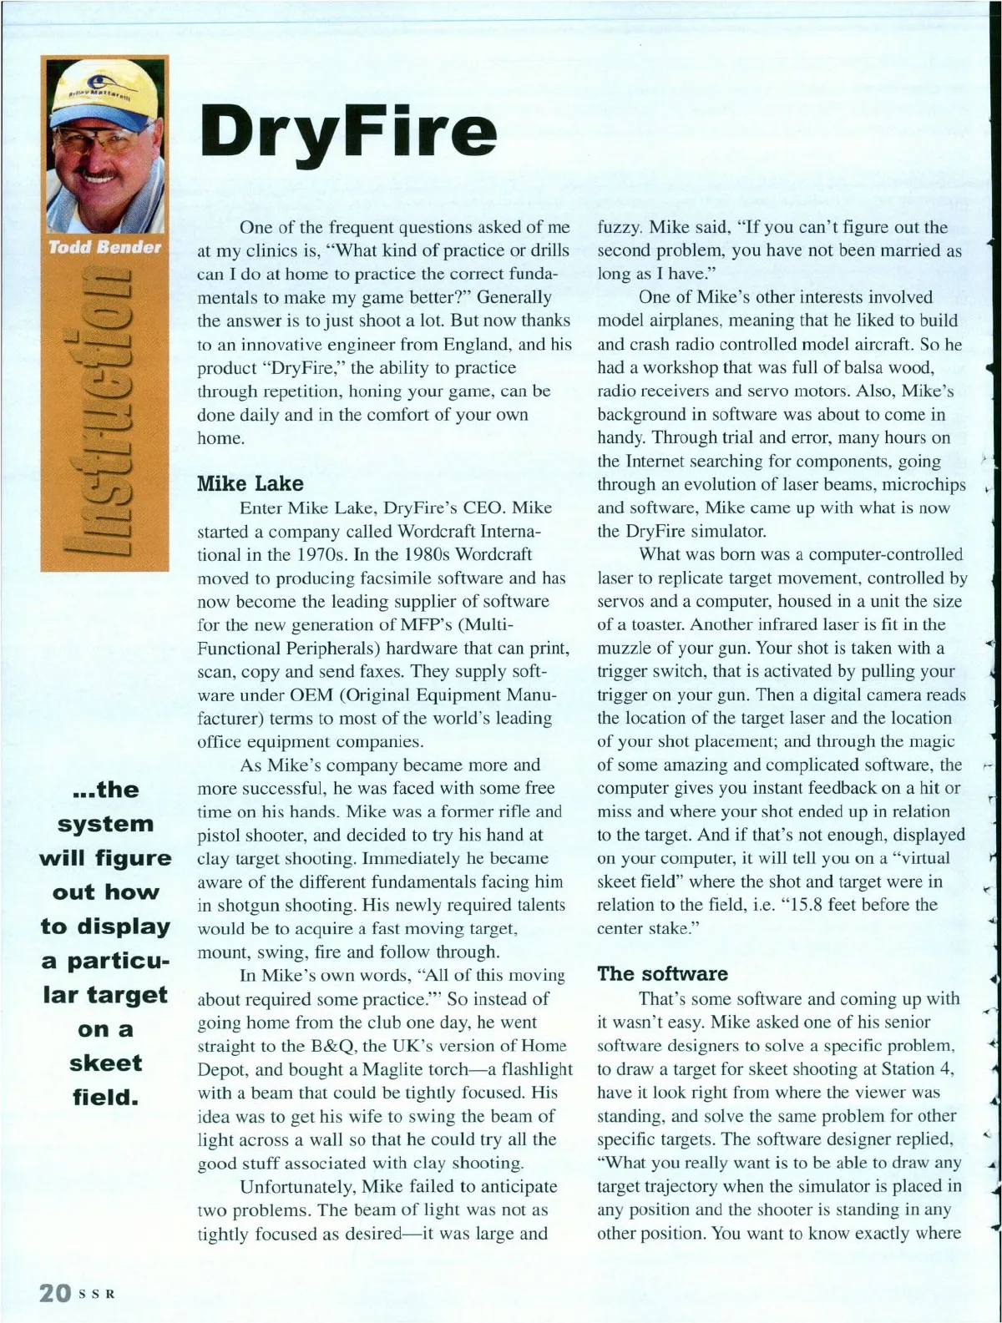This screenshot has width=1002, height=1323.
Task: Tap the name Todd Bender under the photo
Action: pyautogui.click(x=104, y=248)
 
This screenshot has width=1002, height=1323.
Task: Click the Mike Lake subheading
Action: pyautogui.click(x=250, y=483)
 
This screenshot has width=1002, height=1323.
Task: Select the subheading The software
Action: pyautogui.click(x=662, y=973)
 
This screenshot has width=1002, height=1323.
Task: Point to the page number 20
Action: pyautogui.click(x=55, y=1292)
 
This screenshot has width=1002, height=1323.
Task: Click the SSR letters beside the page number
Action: pyautogui.click(x=96, y=1295)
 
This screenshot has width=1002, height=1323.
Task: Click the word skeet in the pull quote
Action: pyautogui.click(x=105, y=1063)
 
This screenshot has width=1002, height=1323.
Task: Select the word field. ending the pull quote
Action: pyautogui.click(x=105, y=1098)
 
